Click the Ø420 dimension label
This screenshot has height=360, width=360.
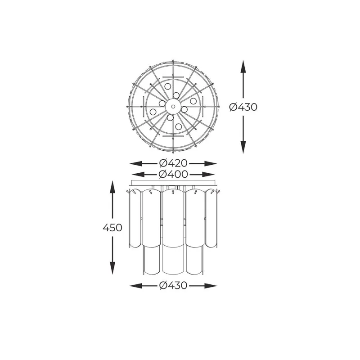[173, 163]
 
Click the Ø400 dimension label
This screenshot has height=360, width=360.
[173, 175]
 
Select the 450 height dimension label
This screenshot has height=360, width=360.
[112, 228]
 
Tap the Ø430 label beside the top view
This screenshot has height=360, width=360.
[243, 107]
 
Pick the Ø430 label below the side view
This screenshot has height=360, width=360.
[173, 286]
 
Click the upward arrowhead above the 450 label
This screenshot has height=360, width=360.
[112, 187]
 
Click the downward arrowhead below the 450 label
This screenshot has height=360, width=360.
[112, 268]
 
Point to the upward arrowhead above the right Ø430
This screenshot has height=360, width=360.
[243, 67]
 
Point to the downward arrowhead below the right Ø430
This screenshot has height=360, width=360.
[243, 147]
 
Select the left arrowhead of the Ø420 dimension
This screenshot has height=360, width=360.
[136, 163]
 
